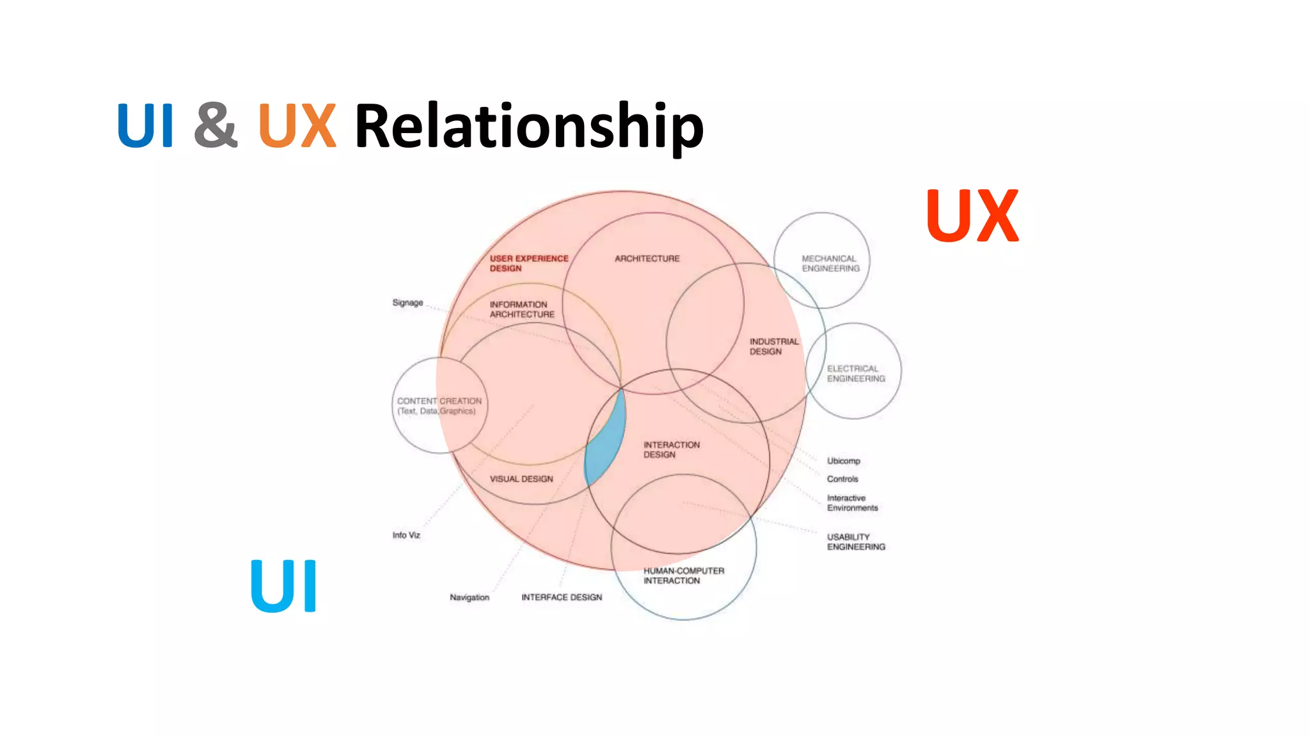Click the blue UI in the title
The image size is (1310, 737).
pos(145,125)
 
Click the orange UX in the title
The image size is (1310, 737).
pos(297,125)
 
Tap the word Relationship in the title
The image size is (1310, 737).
pos(528,127)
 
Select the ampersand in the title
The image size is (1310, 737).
pos(216,125)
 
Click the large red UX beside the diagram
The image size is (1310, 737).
pos(972,216)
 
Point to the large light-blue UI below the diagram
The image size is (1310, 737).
pos(283,586)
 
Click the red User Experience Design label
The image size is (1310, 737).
pos(528,263)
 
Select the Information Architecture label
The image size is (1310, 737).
pos(521,309)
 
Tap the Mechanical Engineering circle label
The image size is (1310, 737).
pos(830,263)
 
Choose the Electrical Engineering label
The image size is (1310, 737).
pos(855,374)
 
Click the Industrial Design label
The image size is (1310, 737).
pos(773,346)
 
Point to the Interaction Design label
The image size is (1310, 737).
pos(671,449)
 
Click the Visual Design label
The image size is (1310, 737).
pos(521,479)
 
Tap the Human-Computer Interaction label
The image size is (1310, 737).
pos(683,575)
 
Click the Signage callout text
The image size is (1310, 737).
pos(407,303)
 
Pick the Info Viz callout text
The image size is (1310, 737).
pos(406,535)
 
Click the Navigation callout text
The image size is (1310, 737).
pos(469,597)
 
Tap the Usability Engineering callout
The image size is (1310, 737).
pos(855,541)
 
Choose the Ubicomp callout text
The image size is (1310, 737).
pos(843,461)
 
